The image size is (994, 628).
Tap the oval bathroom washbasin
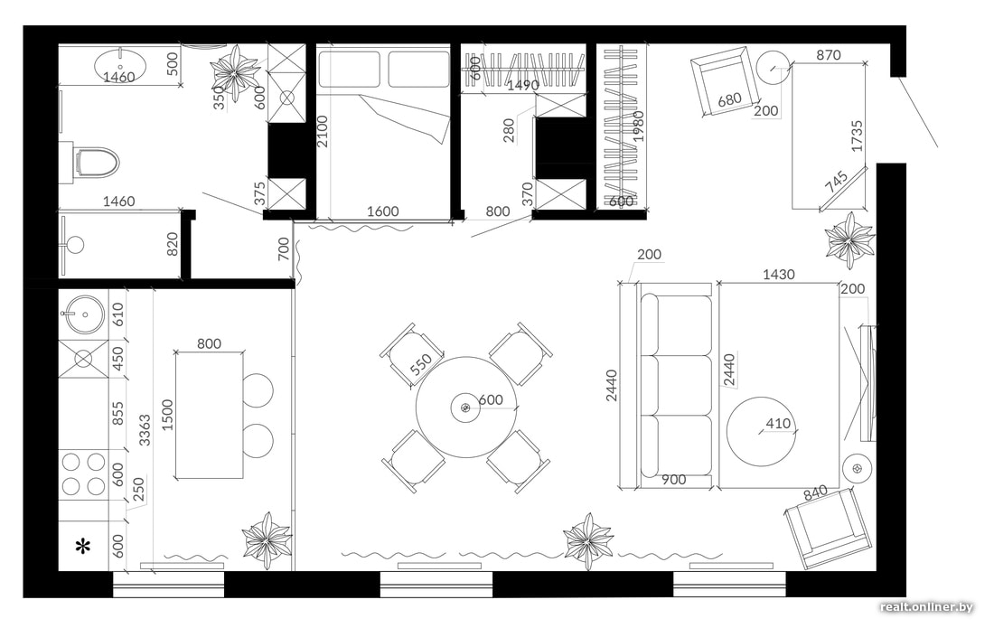click(x=120, y=65)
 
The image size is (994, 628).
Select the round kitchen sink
click(x=82, y=314)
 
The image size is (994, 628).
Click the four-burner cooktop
click(x=84, y=474)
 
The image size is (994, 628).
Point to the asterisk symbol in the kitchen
click(x=83, y=547)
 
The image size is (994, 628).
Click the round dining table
click(x=466, y=407)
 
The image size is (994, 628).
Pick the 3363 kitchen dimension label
click(x=145, y=430)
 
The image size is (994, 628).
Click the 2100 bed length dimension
click(x=323, y=131)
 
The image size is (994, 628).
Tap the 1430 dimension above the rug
click(x=778, y=275)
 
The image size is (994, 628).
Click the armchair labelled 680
click(x=726, y=81)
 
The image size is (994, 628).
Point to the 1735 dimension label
click(x=857, y=136)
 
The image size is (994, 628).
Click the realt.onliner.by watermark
click(x=926, y=607)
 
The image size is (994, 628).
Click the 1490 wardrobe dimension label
click(x=523, y=85)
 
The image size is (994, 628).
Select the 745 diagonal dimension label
click(x=837, y=182)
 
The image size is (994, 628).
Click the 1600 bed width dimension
click(x=383, y=211)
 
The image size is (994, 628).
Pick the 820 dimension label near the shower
click(x=172, y=245)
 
